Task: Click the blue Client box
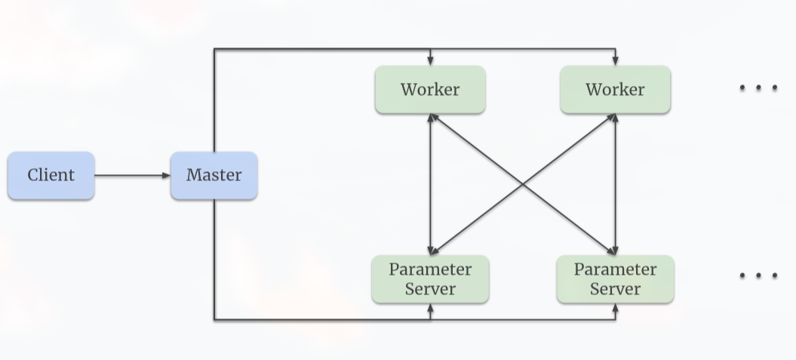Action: [51, 176]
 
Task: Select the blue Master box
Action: [214, 176]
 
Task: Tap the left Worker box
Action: [430, 90]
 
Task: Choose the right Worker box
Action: [615, 90]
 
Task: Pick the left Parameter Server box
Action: [430, 279]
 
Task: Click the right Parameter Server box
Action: [615, 279]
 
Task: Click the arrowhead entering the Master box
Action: [166, 176]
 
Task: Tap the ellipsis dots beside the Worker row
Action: [758, 88]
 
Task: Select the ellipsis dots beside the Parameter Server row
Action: [758, 275]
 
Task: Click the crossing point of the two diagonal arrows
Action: [523, 184]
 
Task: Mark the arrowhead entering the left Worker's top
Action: [430, 61]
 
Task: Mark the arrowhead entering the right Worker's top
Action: [615, 61]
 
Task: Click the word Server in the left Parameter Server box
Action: [430, 289]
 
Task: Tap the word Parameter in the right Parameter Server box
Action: [615, 269]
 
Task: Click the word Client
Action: [51, 176]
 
